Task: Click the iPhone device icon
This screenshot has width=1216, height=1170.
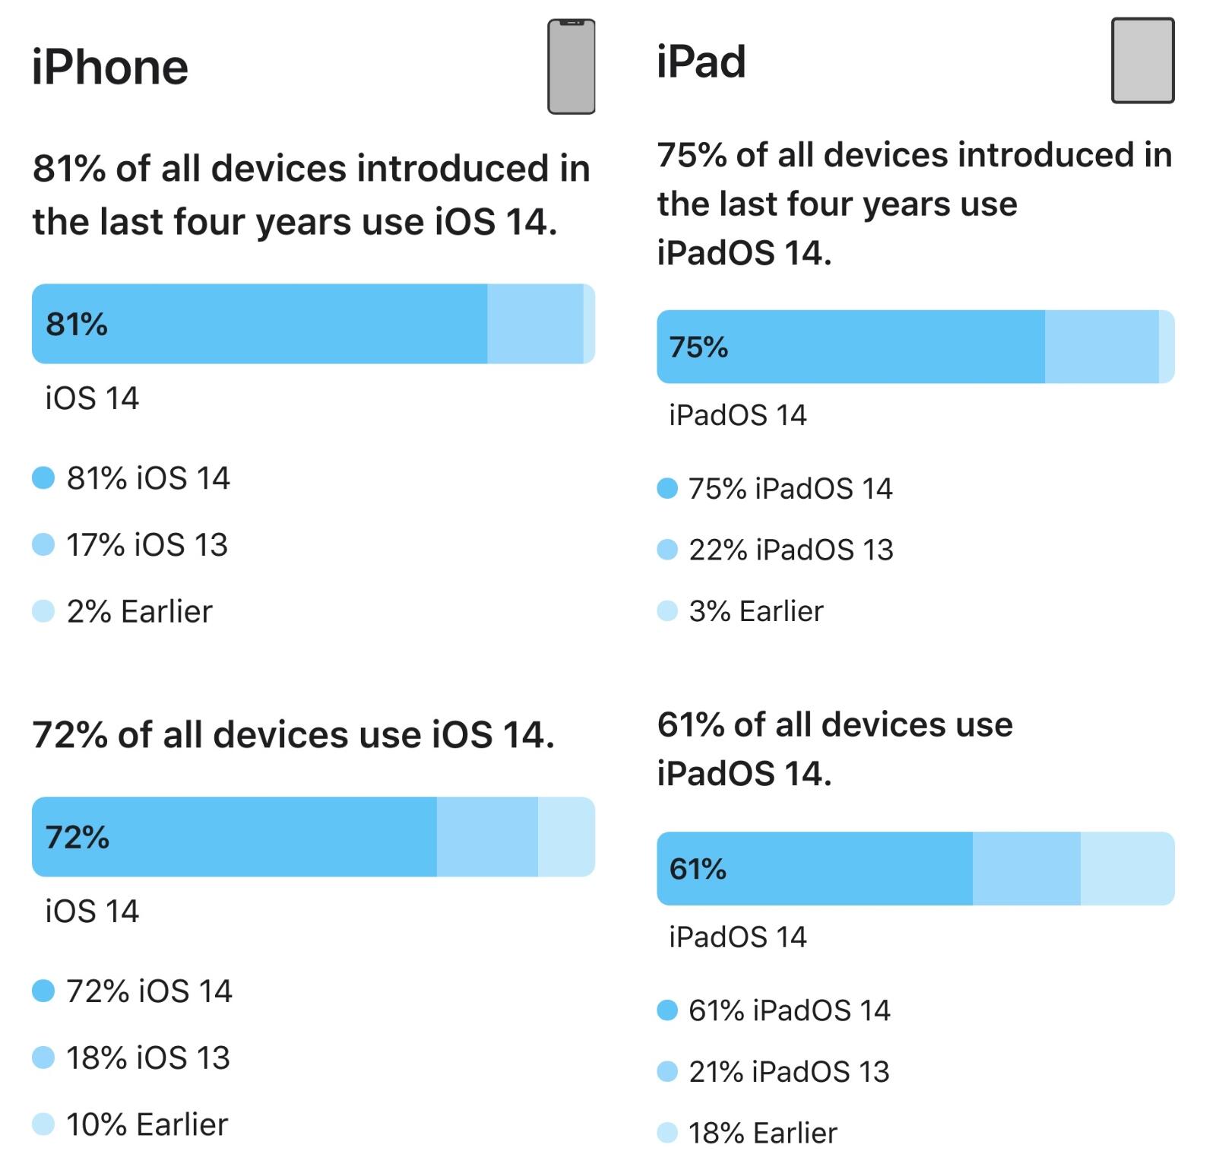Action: point(571,67)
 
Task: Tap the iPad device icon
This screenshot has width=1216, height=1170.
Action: point(1142,61)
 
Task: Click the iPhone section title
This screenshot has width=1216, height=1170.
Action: point(110,67)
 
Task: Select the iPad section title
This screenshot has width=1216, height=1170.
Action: point(701,62)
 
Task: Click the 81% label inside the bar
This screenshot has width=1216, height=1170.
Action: point(77,325)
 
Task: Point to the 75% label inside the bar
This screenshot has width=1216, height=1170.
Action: point(698,347)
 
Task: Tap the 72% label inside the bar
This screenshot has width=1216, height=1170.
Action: point(78,837)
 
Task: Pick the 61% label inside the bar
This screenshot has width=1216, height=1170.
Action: point(698,869)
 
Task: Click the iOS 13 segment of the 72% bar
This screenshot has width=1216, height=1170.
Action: point(487,837)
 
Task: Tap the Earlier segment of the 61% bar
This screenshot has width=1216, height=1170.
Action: point(1127,869)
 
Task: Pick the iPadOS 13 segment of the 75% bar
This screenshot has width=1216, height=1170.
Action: point(1101,347)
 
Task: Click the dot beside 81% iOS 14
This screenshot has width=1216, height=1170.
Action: point(43,478)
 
